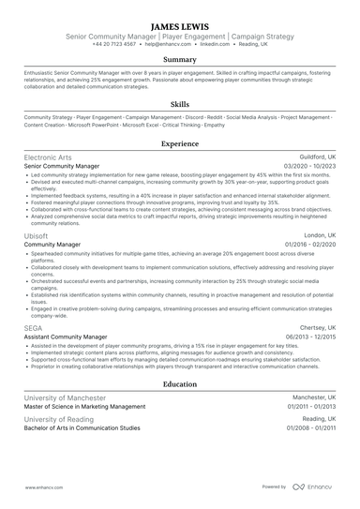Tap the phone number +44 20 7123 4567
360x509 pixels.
(116, 44)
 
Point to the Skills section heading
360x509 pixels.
(179, 105)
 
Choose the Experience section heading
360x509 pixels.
(179, 144)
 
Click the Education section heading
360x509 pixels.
(179, 384)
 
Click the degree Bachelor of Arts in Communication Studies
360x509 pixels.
(82, 427)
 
